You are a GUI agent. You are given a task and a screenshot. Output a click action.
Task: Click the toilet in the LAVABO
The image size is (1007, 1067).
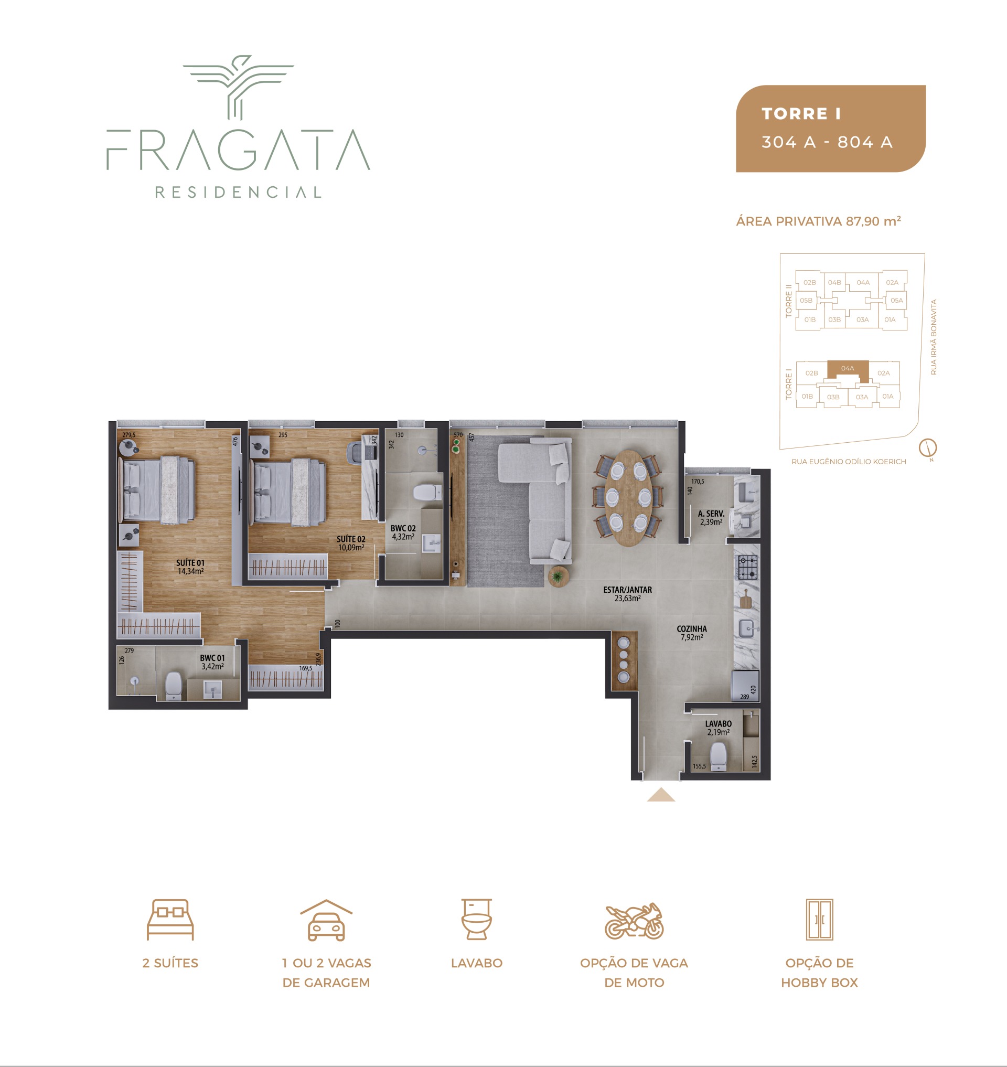pyautogui.click(x=718, y=756)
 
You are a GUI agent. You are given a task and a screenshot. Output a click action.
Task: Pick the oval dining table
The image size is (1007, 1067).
pyautogui.click(x=628, y=498)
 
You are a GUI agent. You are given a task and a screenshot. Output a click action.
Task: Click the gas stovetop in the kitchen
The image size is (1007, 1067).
pyautogui.click(x=747, y=568)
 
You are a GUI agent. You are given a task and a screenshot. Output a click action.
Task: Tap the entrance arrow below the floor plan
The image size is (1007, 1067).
pyautogui.click(x=661, y=795)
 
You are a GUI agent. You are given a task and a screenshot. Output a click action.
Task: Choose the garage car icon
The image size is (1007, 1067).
pyautogui.click(x=326, y=920)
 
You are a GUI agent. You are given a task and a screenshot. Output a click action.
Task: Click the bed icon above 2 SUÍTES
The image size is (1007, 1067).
pyautogui.click(x=170, y=920)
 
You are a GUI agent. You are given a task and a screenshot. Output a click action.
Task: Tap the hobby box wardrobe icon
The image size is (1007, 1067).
pyautogui.click(x=819, y=920)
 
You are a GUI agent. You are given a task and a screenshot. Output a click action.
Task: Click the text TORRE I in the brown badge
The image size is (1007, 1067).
pyautogui.click(x=801, y=114)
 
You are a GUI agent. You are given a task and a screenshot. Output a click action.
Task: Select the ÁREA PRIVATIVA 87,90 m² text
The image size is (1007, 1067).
pyautogui.click(x=818, y=221)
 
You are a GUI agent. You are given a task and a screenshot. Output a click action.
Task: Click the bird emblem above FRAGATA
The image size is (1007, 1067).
pyautogui.click(x=238, y=87)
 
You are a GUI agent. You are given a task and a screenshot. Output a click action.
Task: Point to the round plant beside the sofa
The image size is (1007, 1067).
pyautogui.click(x=558, y=577)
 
